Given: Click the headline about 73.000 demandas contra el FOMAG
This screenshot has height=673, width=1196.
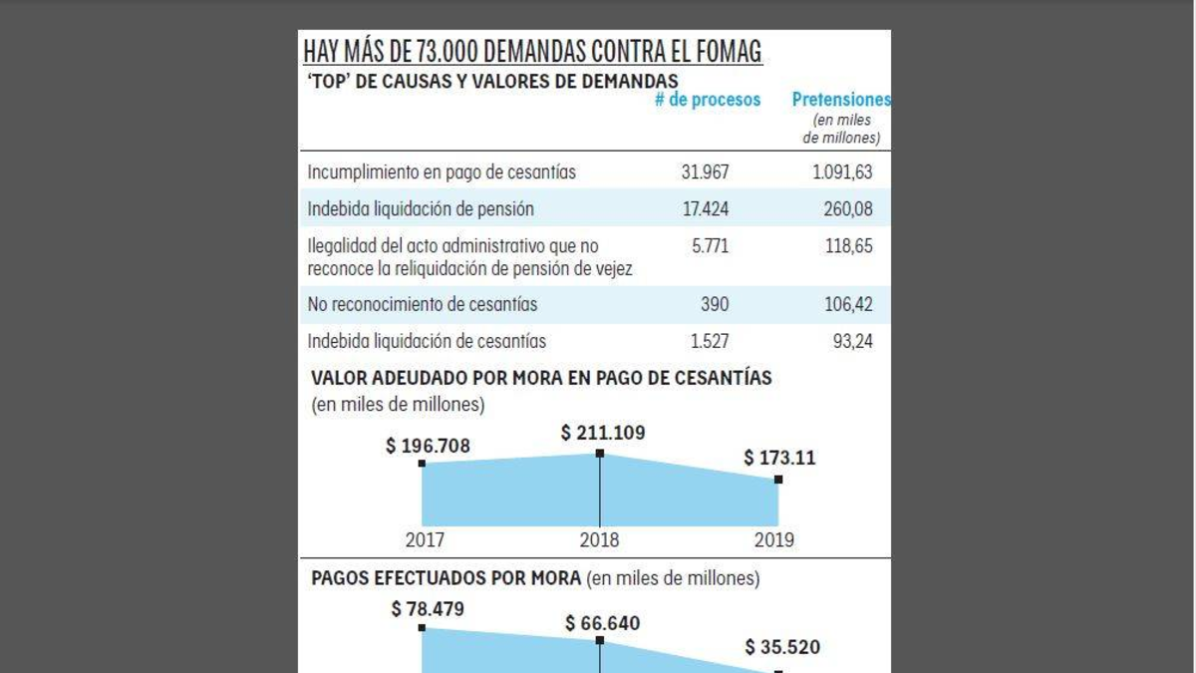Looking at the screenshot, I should coord(532,51).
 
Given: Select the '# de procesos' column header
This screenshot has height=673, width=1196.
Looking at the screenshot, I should coord(708,100).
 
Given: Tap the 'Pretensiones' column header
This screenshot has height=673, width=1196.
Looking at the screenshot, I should coord(841,100).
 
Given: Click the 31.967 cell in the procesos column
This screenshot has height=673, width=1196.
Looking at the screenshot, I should coord(706,172).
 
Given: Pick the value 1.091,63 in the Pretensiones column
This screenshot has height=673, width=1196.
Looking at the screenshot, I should coord(842,172).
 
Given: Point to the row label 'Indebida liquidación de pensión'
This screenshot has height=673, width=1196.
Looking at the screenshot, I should coord(421,209).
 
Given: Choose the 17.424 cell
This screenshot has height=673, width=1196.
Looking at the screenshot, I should coord(706,209).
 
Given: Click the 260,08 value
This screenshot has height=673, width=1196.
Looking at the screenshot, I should coord(848,209).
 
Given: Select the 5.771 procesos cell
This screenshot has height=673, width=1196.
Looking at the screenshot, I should coord(710,245).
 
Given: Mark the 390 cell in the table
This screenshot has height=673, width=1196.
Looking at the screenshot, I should coord(715,304).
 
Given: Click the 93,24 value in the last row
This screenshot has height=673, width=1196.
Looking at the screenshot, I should coord(852,341).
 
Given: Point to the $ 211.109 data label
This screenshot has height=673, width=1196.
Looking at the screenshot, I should coord(603,433).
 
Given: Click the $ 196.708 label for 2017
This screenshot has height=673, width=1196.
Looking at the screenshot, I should coord(428,446).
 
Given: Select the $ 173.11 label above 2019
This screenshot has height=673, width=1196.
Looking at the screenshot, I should coord(779,460).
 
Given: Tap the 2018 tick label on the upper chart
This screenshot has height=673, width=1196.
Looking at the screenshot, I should coord(599,540).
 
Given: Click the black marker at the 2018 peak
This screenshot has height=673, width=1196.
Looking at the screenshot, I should coord(600,454).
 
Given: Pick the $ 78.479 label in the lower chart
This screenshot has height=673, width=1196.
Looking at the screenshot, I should coord(428,608).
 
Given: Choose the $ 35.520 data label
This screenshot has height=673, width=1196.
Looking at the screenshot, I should coord(782,648).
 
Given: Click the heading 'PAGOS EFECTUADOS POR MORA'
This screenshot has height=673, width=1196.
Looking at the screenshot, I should coord(446,578).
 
